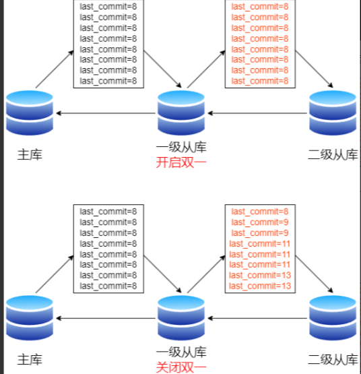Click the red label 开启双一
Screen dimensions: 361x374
coord(181,162)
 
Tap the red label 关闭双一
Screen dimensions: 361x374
coord(181,367)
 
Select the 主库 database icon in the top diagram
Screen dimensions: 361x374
coord(30,113)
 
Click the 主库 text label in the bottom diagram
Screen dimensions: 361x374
coord(30,360)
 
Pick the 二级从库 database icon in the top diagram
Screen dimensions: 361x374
coord(333,113)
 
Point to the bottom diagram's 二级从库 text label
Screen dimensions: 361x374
coord(333,360)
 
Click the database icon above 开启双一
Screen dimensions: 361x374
coord(181,113)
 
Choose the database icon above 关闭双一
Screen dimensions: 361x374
coord(181,318)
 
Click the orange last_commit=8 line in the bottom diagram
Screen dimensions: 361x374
coord(260,212)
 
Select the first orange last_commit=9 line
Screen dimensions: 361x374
coord(260,222)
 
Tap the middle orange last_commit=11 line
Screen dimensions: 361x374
coord(260,255)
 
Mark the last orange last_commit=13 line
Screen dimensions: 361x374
coord(260,286)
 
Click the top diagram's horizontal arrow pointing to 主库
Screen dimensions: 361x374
coord(106,113)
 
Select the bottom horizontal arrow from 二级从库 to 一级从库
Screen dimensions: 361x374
coord(257,318)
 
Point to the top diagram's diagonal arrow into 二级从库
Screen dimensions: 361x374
coord(314,69)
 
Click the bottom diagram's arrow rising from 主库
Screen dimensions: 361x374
coord(55,274)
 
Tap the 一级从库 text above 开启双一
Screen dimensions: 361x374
coord(181,147)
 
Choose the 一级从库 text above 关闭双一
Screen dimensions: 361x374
coord(181,352)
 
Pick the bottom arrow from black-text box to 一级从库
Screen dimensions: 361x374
coord(162,274)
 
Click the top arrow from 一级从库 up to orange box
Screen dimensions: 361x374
coord(206,69)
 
